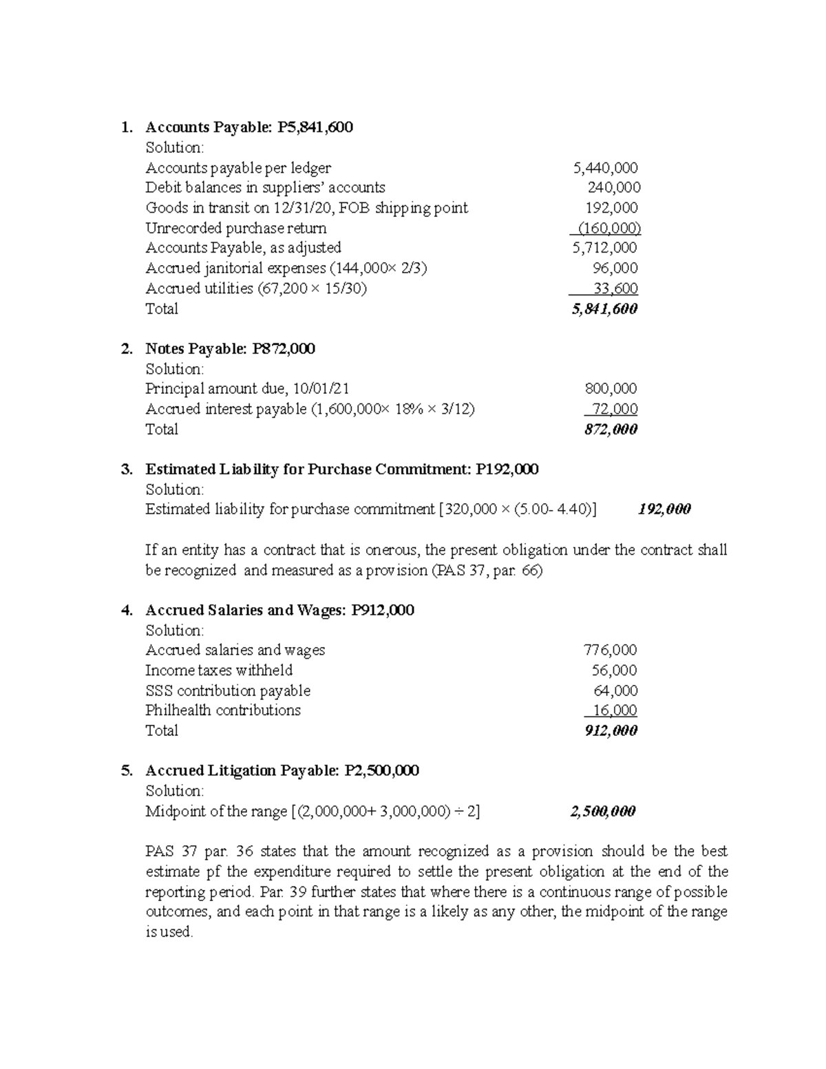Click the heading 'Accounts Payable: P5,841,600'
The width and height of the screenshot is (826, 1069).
(x=249, y=127)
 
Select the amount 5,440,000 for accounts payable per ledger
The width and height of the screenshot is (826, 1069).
(x=605, y=167)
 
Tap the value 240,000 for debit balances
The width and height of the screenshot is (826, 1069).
(x=613, y=187)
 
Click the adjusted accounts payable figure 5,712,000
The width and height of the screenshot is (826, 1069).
(x=605, y=248)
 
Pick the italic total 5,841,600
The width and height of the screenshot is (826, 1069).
(x=604, y=308)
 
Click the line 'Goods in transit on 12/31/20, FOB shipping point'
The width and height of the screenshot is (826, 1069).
(x=306, y=208)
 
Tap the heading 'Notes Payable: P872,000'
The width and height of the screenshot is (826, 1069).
(x=230, y=349)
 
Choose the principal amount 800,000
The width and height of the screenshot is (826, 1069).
(x=611, y=389)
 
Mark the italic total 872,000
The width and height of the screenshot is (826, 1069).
(x=610, y=430)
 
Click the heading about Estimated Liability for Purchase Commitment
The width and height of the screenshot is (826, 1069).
(x=342, y=469)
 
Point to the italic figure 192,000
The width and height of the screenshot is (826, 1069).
(x=664, y=509)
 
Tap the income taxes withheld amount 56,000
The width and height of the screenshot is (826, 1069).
(x=614, y=670)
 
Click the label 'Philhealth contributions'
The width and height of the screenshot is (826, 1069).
(x=223, y=710)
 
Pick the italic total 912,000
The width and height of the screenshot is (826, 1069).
(x=610, y=731)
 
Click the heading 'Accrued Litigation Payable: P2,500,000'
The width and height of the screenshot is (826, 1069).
(x=282, y=771)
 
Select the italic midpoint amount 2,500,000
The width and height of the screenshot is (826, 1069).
(x=603, y=812)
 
